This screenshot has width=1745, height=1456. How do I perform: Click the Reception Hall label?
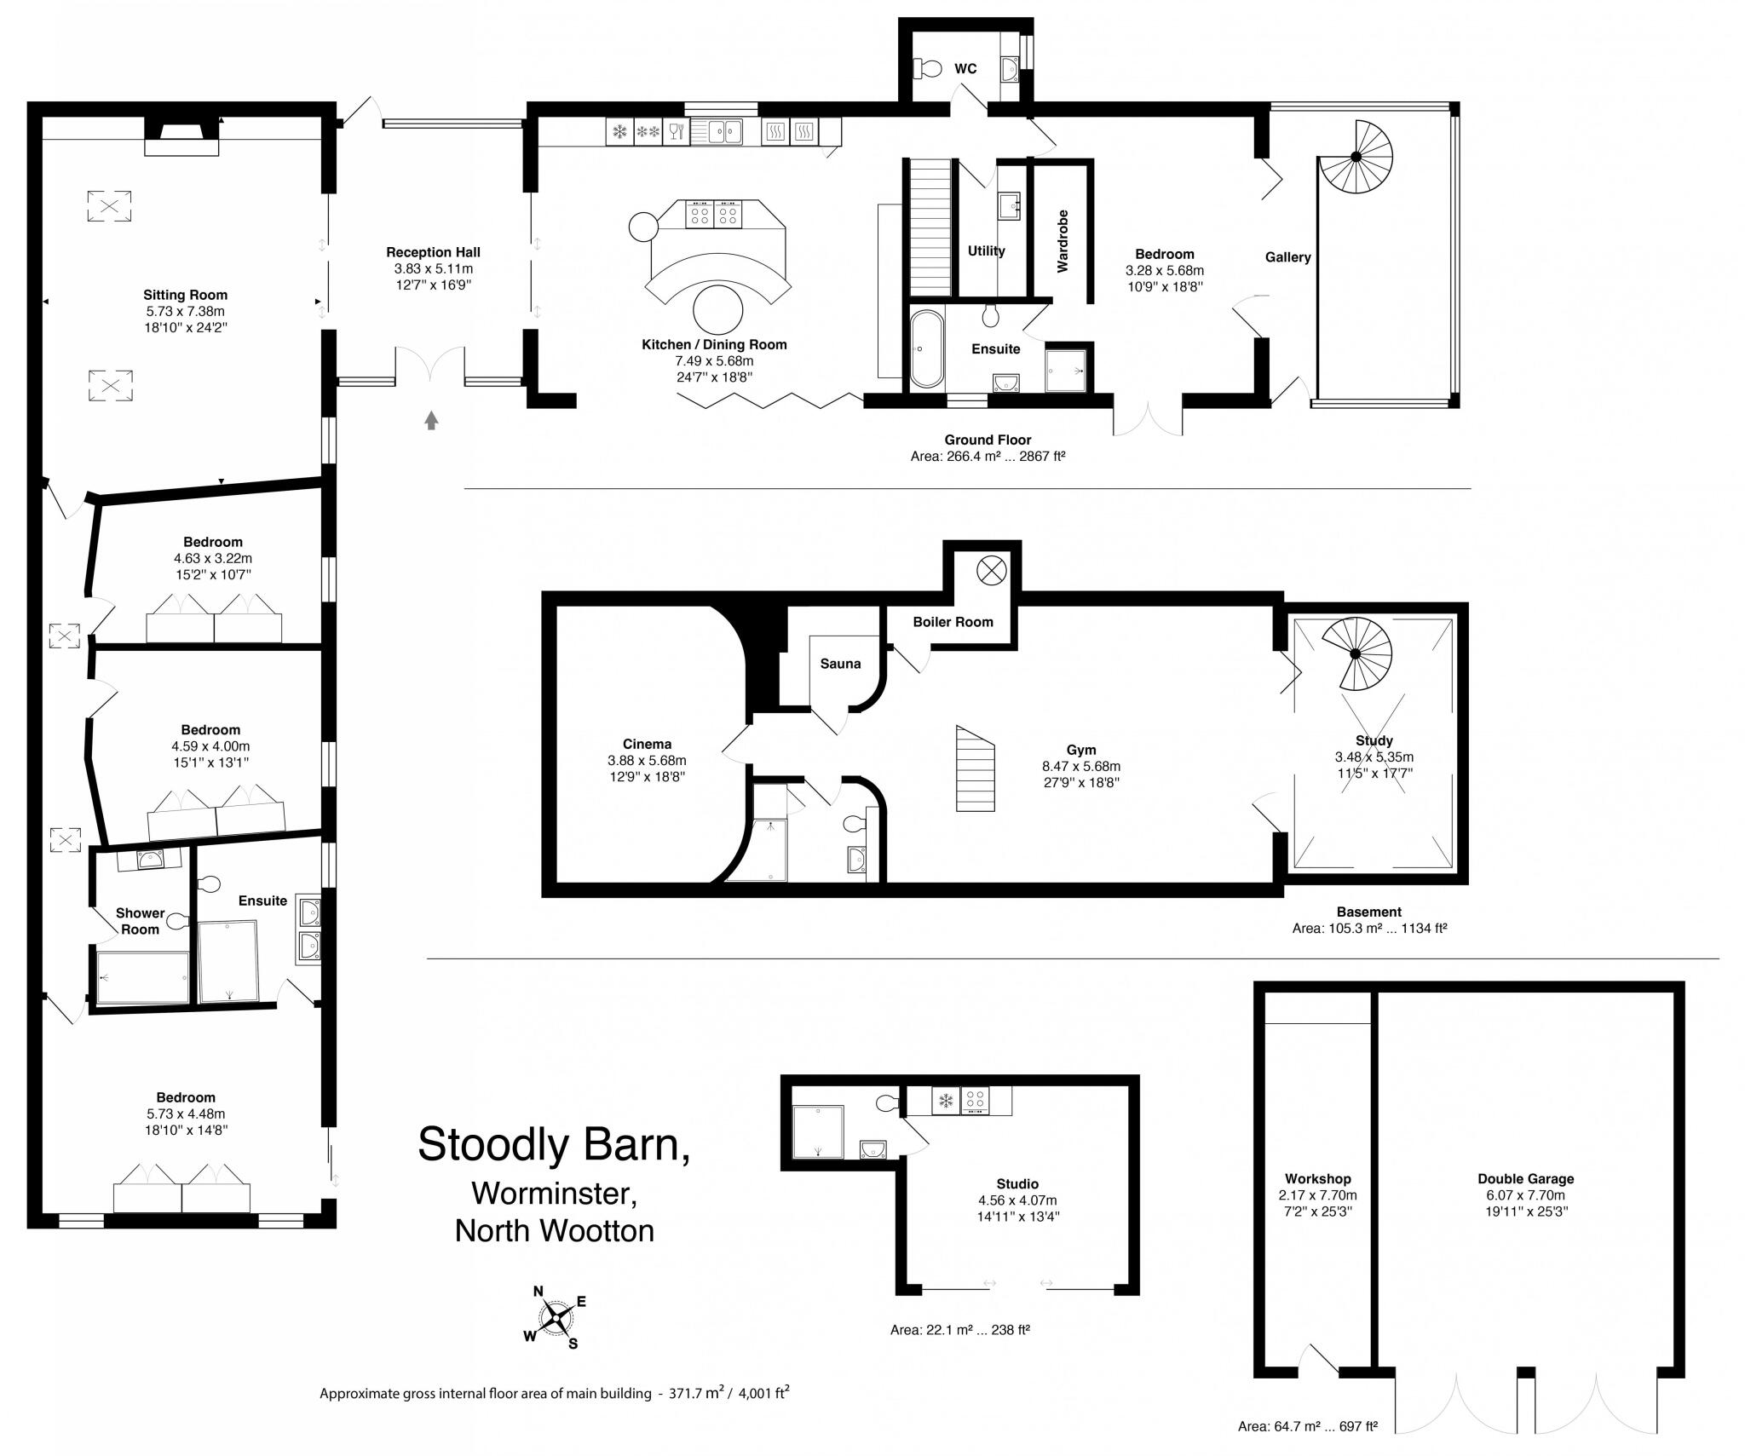pyautogui.click(x=433, y=252)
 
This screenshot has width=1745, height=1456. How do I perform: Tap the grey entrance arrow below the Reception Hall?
pyautogui.click(x=431, y=420)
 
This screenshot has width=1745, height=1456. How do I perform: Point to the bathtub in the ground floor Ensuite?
pyautogui.click(x=926, y=349)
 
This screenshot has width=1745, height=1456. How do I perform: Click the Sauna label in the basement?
pyautogui.click(x=840, y=664)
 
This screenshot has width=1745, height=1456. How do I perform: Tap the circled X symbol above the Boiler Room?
pyautogui.click(x=991, y=570)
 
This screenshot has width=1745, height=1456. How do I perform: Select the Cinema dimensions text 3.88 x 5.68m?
pyautogui.click(x=647, y=761)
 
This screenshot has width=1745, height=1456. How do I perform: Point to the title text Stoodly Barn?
pyautogui.click(x=553, y=1144)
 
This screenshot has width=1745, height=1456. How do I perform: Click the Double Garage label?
pyautogui.click(x=1525, y=1179)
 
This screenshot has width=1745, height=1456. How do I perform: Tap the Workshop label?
pyautogui.click(x=1317, y=1179)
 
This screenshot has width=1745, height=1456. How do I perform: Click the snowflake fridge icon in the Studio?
pyautogui.click(x=945, y=1101)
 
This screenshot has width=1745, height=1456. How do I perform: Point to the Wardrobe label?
pyautogui.click(x=1063, y=241)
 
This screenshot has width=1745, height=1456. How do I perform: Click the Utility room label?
pyautogui.click(x=986, y=251)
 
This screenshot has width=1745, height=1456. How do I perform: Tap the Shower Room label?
pyautogui.click(x=140, y=921)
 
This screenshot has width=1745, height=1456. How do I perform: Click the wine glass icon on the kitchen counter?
pyautogui.click(x=676, y=132)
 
